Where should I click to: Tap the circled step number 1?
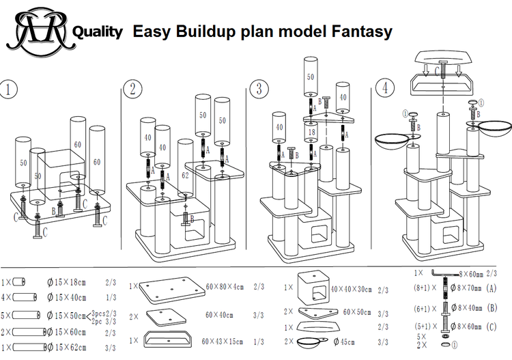(x=8, y=90)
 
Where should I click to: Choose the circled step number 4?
(x=386, y=89)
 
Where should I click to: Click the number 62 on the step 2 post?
(x=185, y=174)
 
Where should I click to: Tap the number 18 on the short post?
(x=312, y=132)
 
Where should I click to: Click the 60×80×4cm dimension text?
(x=226, y=288)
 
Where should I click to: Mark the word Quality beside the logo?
(x=98, y=31)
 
